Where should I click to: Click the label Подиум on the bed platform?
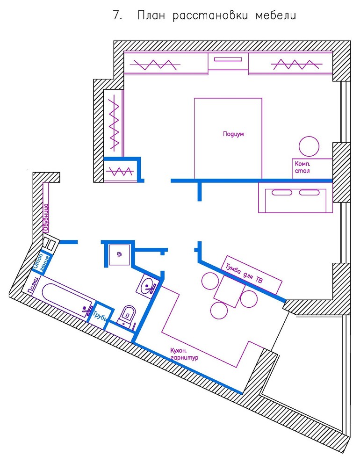pyautogui.click(x=233, y=134)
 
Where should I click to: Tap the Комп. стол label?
pyautogui.click(x=302, y=167)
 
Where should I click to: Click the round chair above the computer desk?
pyautogui.click(x=309, y=146)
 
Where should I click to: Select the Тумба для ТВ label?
pyautogui.click(x=244, y=274)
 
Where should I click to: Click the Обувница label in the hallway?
pyautogui.click(x=46, y=217)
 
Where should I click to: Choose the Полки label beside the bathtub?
pyautogui.click(x=33, y=286)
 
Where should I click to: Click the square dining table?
pyautogui.click(x=230, y=294)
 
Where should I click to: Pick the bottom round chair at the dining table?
pyautogui.click(x=219, y=311)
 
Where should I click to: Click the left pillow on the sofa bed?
pyautogui.click(x=282, y=193)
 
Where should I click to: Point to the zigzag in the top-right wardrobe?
pyautogui.click(x=296, y=65)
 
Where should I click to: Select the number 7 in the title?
pyautogui.click(x=117, y=15)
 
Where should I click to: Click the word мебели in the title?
pyautogui.click(x=275, y=15)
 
